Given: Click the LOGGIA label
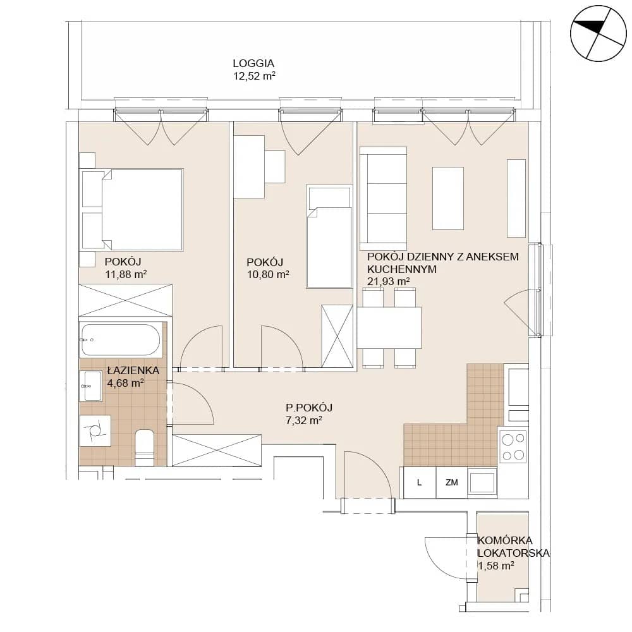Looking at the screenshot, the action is coord(253,63).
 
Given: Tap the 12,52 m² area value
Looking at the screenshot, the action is coord(254,76).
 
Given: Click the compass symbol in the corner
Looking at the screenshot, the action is coord(599,33).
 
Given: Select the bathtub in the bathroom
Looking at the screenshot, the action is coord(121,340).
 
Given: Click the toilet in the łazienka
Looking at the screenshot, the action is coord(145,448).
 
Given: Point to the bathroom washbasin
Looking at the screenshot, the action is coord(91,386).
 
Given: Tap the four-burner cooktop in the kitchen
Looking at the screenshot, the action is coord(513,446).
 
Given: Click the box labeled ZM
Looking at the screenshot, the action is coord(451,482).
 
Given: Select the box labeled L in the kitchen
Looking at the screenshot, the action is coord(419,482).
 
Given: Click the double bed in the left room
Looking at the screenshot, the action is coord(132,210).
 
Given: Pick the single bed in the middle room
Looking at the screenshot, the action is coord(329,236).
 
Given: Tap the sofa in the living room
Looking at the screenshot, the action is coord(384,198).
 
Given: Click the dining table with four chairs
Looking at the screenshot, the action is coord(389,327).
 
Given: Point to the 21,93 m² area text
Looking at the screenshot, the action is coord(388,281).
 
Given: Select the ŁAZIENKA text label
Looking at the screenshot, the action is coord(133,370).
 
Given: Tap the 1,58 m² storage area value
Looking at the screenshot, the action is coord(496,566).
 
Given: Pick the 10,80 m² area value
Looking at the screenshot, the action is coord(267,274).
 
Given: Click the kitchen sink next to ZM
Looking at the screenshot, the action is coord(482,482).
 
